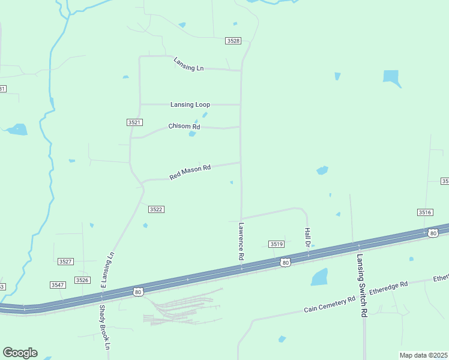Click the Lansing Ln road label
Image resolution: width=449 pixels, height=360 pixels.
[x=188, y=64]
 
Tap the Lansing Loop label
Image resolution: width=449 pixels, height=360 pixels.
[x=190, y=104]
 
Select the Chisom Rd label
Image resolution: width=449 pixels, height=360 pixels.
[x=184, y=127]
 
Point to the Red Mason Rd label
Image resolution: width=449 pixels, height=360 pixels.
[x=190, y=172]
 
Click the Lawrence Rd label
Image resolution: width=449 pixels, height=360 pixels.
[x=241, y=241]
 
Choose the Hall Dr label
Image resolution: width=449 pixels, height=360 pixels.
[x=307, y=238]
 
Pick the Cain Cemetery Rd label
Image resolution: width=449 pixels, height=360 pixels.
[x=330, y=304]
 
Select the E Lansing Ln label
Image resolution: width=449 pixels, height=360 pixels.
[x=107, y=271]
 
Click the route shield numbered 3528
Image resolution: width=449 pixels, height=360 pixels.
[x=234, y=41]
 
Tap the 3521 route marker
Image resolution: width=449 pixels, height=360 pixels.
[x=134, y=122]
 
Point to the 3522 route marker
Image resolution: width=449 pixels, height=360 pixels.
[x=156, y=209]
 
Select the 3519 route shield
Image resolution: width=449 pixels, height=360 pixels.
[x=276, y=244]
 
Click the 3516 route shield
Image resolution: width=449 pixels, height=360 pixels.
[x=425, y=212]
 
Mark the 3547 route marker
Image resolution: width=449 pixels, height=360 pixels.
[x=58, y=284]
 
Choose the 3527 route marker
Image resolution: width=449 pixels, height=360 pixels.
[x=65, y=262]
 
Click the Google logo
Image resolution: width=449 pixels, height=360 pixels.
[x=20, y=353]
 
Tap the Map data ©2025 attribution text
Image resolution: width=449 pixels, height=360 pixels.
[x=423, y=355]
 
